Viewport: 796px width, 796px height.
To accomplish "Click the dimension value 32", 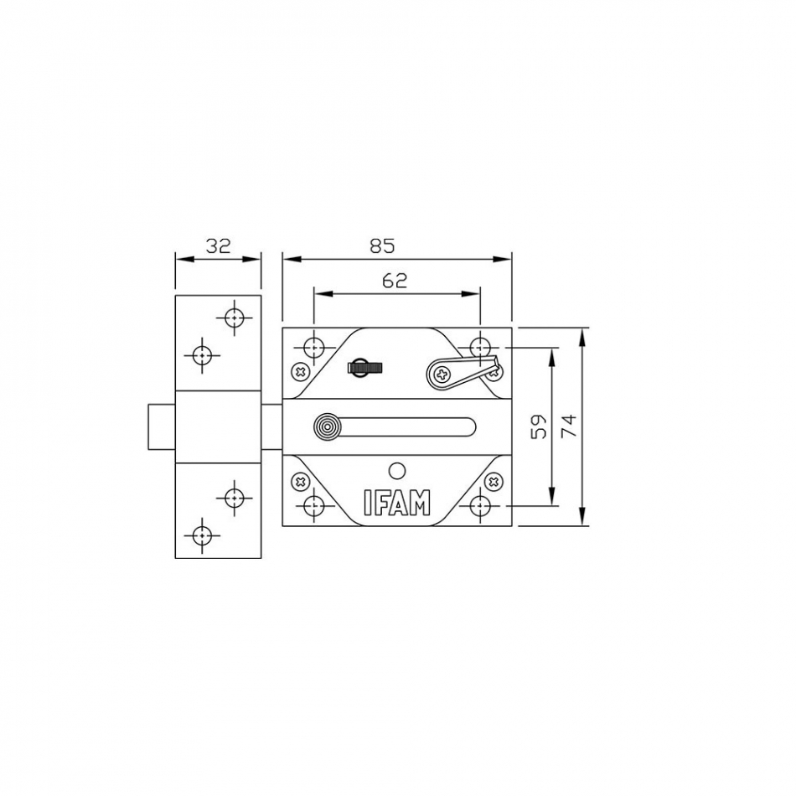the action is [x=219, y=246].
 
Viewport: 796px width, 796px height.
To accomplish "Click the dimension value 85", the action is [x=382, y=246].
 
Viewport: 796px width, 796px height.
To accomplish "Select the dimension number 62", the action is [x=395, y=280].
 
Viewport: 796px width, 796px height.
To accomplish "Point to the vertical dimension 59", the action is [x=539, y=426].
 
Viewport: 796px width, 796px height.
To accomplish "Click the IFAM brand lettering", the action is [x=397, y=503].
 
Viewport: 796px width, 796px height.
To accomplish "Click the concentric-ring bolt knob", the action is [x=327, y=426].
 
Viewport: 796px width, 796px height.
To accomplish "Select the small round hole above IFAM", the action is [x=397, y=472].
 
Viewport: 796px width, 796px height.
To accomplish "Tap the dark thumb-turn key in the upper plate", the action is [x=364, y=367].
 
